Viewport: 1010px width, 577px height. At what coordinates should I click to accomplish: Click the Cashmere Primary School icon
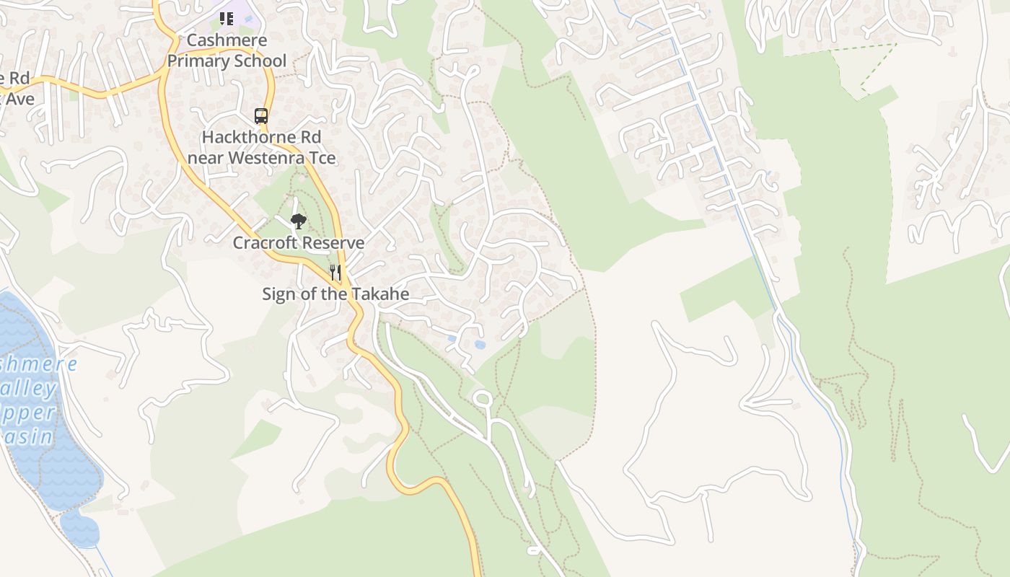[x=227, y=18]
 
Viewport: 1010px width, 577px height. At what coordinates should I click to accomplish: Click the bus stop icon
[x=261, y=115]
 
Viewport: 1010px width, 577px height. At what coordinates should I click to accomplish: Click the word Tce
[x=322, y=157]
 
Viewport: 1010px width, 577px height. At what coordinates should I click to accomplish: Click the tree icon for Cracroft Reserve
[x=298, y=221]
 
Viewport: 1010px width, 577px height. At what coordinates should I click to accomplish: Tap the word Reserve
[x=333, y=243]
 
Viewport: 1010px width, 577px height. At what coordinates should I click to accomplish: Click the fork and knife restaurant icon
[x=335, y=272]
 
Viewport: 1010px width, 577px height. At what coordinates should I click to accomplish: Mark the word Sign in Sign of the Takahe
[x=278, y=294]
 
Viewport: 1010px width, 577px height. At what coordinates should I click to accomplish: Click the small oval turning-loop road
[x=483, y=398]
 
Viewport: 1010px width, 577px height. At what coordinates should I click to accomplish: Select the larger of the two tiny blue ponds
[x=480, y=345]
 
